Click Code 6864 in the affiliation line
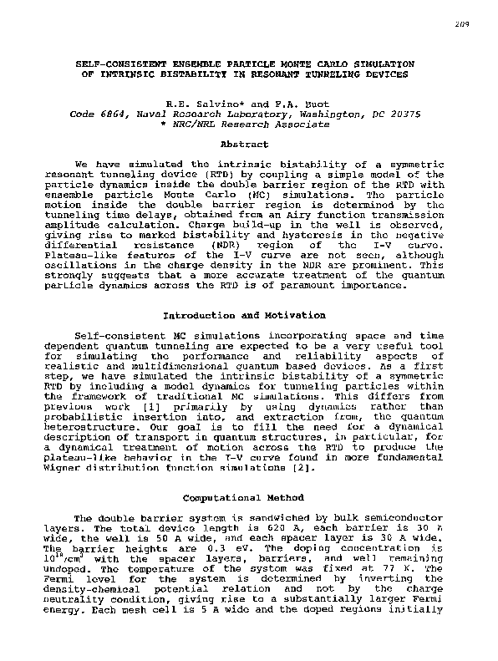[97, 113]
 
